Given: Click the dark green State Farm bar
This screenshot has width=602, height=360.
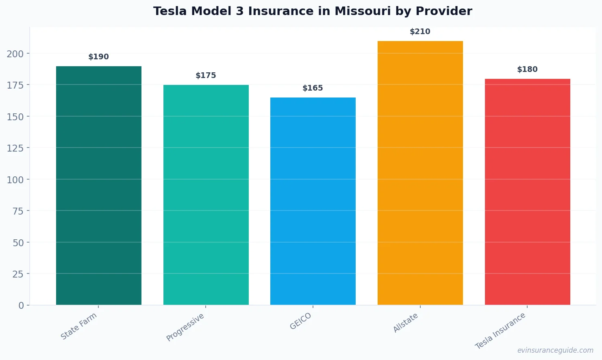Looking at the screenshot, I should pos(99,185).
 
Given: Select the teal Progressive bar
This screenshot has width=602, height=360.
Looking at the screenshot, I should pos(206,195).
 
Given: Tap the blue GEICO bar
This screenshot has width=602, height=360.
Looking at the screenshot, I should pos(313,201).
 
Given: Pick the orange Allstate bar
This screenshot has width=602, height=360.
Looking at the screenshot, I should pos(420,173).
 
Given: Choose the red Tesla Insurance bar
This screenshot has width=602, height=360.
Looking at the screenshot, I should pos(527,192).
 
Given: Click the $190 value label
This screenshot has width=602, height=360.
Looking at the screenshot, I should pos(99,57).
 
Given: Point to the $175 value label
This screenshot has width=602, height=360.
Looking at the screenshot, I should pos(206,76).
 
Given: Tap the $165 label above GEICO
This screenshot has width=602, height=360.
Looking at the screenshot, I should pos(313,88).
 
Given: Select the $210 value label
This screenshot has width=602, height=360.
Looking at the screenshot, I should pos(420,32).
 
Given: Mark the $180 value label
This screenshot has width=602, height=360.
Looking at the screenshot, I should pos(527,69).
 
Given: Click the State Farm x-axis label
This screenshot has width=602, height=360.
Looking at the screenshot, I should pos(79,326).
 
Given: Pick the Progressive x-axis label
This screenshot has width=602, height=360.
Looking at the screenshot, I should pos(185,327).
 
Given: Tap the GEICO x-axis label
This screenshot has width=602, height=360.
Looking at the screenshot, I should pos(301,321).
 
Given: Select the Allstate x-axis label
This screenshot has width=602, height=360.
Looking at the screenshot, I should pos(406,323).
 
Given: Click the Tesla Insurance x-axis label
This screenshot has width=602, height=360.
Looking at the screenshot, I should pos(500,331).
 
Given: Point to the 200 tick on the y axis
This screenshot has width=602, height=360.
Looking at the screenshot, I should pos(15,54).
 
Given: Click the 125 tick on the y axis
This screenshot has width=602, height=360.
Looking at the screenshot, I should pos(15,148).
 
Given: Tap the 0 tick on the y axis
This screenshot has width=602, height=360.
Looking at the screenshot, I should pos(21,306).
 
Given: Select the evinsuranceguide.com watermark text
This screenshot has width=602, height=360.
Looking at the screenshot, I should pos(555,350).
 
